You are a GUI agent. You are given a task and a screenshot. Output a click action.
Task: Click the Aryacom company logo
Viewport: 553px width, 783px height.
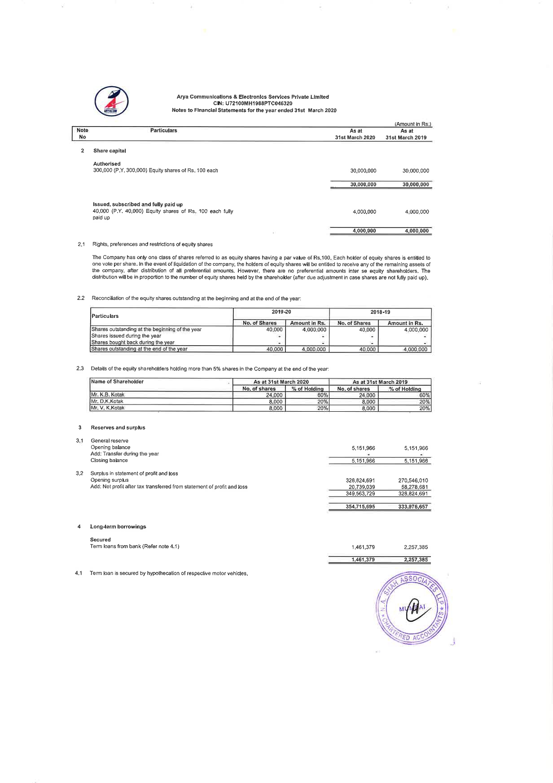coord(111,101)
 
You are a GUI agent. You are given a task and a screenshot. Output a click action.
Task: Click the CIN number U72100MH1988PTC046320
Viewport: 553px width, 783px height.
coord(253,104)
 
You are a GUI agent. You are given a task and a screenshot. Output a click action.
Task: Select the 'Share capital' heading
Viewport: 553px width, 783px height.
coord(110,151)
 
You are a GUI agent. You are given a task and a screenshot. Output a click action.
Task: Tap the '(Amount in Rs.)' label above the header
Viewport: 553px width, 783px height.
coord(413,124)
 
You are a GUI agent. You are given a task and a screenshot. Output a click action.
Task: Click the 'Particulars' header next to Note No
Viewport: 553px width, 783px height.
coord(163,131)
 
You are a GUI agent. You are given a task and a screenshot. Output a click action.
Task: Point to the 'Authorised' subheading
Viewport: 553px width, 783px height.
coord(107,164)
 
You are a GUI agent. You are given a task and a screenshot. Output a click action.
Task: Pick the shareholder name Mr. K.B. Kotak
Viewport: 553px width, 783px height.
coord(108,395)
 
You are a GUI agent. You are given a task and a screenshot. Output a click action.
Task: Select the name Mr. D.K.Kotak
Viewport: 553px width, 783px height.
coord(107,401)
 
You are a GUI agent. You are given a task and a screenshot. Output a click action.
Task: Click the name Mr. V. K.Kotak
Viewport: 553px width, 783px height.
coord(108,408)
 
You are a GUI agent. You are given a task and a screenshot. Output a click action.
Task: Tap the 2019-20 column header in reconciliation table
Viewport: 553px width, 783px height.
coord(281,312)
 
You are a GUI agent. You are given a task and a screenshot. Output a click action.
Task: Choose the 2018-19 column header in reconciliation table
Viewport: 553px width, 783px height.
coord(380,312)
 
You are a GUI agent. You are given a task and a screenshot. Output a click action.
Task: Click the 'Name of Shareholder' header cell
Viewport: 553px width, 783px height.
coord(117,382)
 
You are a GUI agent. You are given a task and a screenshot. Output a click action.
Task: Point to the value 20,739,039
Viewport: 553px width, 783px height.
coord(361,487)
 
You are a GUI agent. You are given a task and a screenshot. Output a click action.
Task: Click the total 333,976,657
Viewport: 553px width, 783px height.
coord(413,507)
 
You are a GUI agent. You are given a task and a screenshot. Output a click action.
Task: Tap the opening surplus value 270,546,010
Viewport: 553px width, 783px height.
coord(413,480)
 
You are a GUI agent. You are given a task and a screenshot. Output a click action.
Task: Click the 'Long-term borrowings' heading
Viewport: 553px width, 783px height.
coord(118,527)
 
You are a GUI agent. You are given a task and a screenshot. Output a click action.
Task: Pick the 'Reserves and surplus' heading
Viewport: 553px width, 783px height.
coord(118,428)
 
